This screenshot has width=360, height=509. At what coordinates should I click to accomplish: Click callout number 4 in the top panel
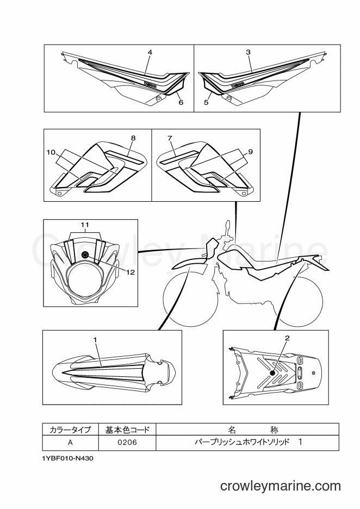(150, 52)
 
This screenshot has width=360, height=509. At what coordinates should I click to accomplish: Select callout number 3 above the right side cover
(249, 52)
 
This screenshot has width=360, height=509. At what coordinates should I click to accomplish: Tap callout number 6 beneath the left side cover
(181, 102)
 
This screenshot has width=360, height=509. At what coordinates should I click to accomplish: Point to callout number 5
(206, 103)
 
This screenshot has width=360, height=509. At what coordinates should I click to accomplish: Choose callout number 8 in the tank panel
(133, 138)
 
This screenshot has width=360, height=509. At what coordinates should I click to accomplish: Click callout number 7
(170, 138)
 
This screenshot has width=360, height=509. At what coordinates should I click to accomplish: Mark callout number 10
(51, 152)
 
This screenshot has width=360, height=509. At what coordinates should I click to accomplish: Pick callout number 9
(250, 152)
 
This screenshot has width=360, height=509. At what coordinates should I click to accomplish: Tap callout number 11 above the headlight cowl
(85, 224)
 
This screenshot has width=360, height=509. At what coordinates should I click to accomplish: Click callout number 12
(131, 272)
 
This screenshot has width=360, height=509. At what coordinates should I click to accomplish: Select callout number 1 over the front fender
(95, 339)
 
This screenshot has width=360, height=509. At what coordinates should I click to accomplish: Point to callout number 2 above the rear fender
(287, 338)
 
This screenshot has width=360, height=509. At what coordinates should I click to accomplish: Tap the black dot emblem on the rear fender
(272, 374)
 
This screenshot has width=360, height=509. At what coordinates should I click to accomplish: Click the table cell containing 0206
(127, 443)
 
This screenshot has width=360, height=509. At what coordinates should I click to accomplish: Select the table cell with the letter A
(71, 443)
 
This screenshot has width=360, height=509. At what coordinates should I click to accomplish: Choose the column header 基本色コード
(127, 430)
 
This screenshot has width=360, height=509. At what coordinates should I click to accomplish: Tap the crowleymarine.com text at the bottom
(281, 486)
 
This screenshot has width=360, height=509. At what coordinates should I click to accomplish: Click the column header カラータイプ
(71, 430)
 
